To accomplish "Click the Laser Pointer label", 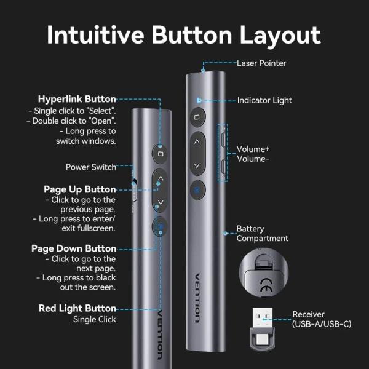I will coord(261,63).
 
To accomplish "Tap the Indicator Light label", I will coord(264,100).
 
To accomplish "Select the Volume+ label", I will coord(253,149).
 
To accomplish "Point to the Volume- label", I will coord(253,158).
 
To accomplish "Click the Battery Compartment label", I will coord(262,234).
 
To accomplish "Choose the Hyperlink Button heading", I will coord(77,99).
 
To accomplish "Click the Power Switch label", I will coord(91,167).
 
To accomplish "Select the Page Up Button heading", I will coord(80,189).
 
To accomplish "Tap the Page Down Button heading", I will coord(74,248).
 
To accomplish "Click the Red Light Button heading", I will coord(77,308).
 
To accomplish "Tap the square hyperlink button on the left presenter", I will coord(160,153).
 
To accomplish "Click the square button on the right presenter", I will coord(197,116).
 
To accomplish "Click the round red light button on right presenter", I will coord(197,190).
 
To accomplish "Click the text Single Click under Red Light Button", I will coord(94,319).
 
